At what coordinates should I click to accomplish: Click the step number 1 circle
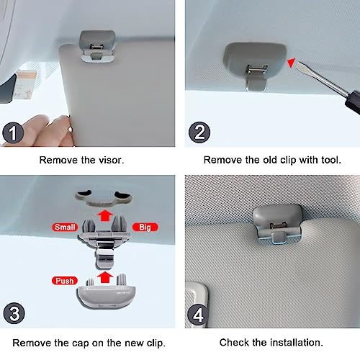[13, 132]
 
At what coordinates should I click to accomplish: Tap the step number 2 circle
[199, 132]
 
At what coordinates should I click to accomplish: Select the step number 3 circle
[14, 313]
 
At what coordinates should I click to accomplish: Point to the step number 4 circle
[198, 315]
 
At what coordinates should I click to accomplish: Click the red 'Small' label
[65, 227]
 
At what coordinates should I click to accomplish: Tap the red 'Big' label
[145, 227]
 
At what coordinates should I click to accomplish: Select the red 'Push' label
[65, 281]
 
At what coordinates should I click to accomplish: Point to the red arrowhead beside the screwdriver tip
[291, 63]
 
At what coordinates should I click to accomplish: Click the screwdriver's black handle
[353, 102]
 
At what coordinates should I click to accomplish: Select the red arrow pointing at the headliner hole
[105, 215]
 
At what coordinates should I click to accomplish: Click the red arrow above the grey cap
[105, 277]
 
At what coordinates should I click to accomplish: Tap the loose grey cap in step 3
[106, 294]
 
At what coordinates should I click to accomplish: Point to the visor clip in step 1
[97, 46]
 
